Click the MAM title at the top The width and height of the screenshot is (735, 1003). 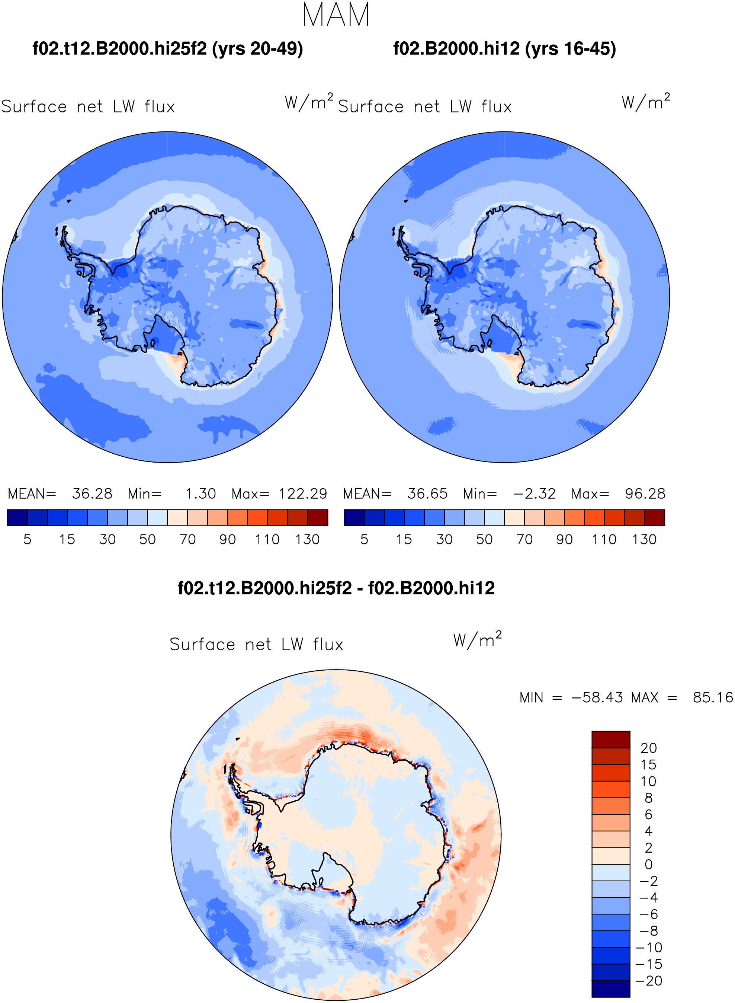(x=336, y=15)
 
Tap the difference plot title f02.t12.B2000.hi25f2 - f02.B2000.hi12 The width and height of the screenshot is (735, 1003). (x=336, y=588)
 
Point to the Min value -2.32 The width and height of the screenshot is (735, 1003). (x=535, y=494)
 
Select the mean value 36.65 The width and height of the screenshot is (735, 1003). (x=427, y=494)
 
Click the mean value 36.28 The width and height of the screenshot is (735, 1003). (x=92, y=494)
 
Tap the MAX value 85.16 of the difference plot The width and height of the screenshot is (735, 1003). (x=713, y=697)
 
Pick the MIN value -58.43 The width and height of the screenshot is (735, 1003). (x=597, y=697)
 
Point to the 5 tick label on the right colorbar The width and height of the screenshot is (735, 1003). (x=364, y=540)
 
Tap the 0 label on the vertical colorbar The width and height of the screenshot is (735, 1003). (x=649, y=865)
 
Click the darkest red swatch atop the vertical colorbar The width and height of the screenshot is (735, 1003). (x=611, y=740)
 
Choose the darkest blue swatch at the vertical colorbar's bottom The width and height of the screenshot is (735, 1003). (x=611, y=989)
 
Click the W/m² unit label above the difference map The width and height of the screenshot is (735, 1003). (x=477, y=639)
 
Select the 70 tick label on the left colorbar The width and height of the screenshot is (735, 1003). (x=187, y=540)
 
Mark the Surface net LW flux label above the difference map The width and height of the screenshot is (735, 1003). (x=256, y=645)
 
